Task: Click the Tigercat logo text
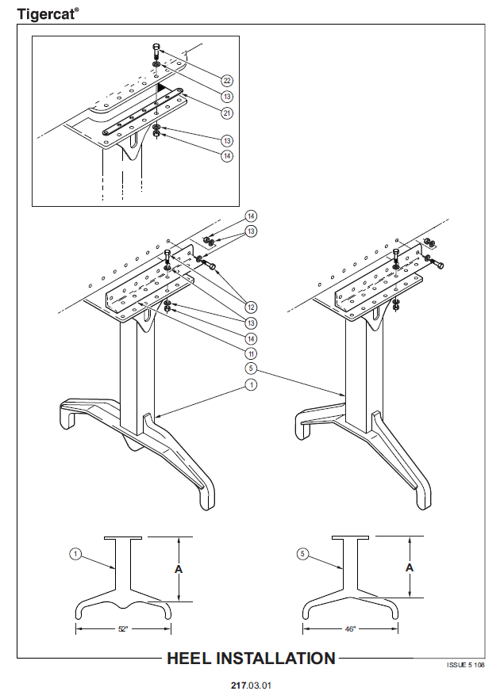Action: click(48, 13)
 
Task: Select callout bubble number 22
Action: click(227, 81)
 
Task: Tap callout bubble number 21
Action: click(227, 113)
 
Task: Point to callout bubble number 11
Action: click(252, 353)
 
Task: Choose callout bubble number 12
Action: click(252, 307)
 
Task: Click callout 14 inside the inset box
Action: click(227, 156)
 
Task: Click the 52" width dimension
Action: click(123, 629)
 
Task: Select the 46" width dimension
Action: click(350, 629)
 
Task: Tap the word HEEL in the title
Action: click(189, 659)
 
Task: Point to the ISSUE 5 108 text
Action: click(465, 665)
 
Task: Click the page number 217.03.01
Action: click(251, 685)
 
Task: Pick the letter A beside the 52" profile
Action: click(179, 569)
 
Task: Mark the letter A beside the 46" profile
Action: click(410, 567)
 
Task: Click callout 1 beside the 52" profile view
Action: click(75, 554)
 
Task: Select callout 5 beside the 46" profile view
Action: click(302, 554)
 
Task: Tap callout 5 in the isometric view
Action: click(251, 369)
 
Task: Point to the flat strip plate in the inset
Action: click(143, 112)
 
